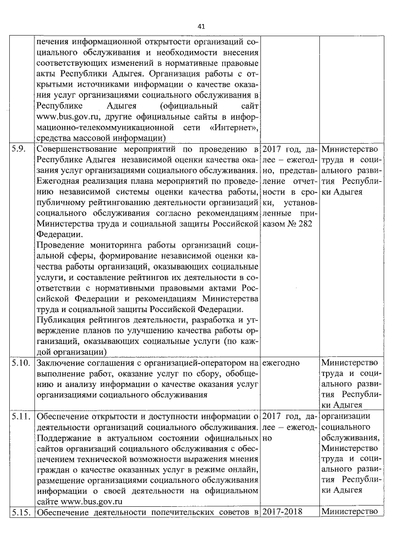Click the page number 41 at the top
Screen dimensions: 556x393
point(201,26)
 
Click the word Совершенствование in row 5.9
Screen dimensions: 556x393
point(76,150)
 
